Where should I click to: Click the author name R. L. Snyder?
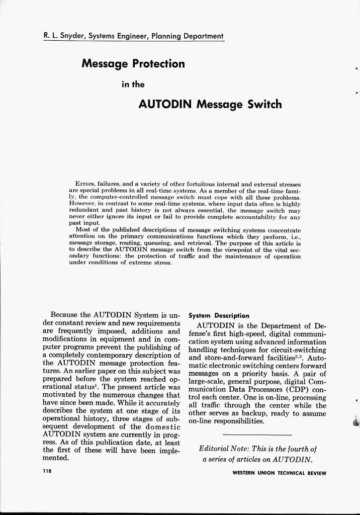(63, 36)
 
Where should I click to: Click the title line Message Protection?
(133, 64)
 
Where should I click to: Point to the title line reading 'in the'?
(133, 84)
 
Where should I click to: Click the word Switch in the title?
(264, 105)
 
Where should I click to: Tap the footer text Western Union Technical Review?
(279, 473)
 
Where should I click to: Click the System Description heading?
(219, 316)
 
